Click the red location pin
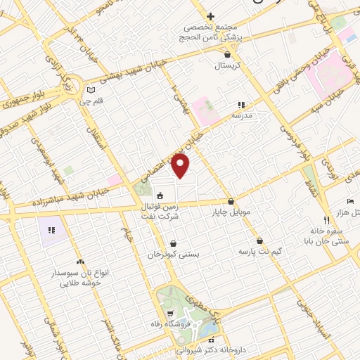point(181,167)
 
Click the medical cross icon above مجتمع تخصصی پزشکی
point(210,16)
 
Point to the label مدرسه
point(242,114)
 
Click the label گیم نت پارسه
point(259,251)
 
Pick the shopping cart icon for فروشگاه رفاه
point(169,313)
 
